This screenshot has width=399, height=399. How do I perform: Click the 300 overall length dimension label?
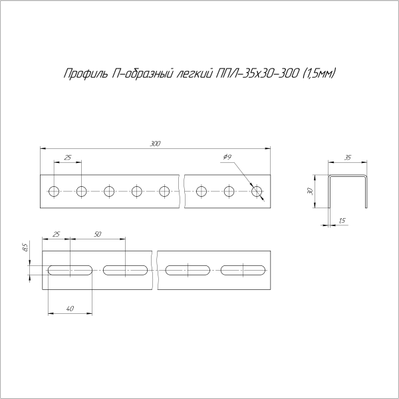(155, 144)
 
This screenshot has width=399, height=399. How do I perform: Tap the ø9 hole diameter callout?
(227, 157)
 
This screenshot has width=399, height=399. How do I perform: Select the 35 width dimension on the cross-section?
(347, 158)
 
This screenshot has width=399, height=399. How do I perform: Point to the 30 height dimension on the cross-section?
(310, 191)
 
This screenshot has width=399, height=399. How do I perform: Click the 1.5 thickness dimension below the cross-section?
(342, 220)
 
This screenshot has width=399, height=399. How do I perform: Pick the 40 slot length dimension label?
(70, 309)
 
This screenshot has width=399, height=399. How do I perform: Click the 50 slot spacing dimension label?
(98, 234)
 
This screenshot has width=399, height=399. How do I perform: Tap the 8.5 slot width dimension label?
(25, 247)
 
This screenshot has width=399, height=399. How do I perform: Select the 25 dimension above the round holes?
(67, 158)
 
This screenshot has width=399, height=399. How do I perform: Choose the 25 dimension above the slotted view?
(56, 234)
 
